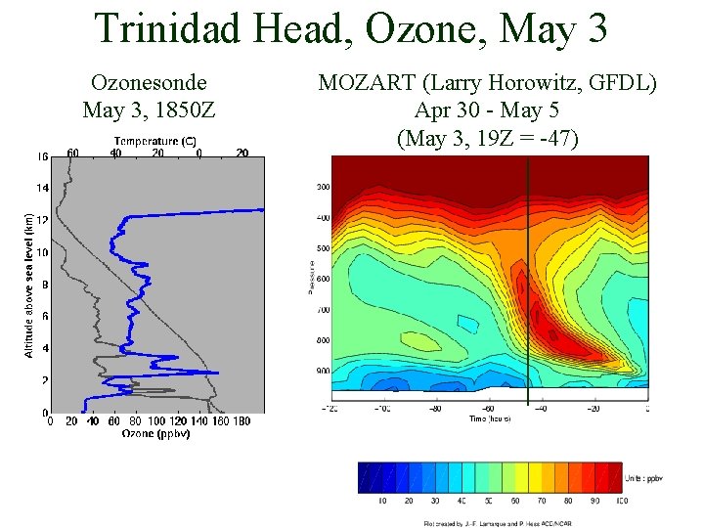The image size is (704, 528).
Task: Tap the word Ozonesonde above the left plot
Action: coord(149,85)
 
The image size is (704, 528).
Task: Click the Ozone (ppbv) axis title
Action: coord(155,433)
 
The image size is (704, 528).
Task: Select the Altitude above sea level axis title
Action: coord(29,285)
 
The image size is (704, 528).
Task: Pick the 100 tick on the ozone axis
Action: coord(155,421)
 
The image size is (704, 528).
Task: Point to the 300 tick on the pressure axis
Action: coord(323,187)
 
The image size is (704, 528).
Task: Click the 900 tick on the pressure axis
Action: coord(323,372)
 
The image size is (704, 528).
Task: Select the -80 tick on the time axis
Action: coord(435,409)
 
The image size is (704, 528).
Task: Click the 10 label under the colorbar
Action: coord(383,500)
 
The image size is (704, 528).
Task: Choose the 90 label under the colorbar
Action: coord(594,500)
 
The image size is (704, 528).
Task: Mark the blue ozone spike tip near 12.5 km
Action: coord(262,208)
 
